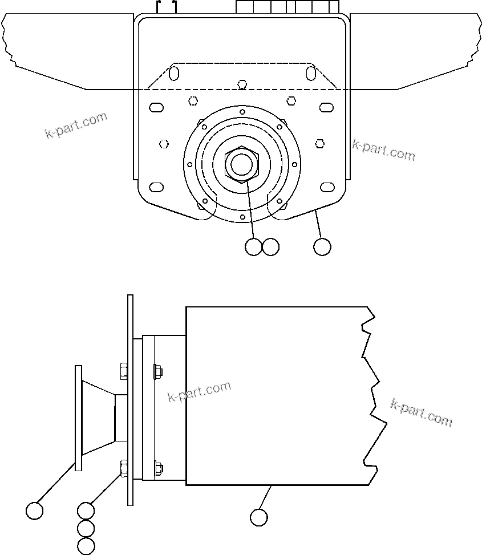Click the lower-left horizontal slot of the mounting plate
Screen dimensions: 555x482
pyautogui.click(x=156, y=187)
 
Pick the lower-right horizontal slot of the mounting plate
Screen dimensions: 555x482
pyautogui.click(x=327, y=187)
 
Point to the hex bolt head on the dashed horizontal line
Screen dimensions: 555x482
pyautogui.click(x=242, y=84)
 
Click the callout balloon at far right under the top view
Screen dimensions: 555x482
pyautogui.click(x=322, y=247)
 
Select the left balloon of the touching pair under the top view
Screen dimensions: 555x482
pyautogui.click(x=253, y=247)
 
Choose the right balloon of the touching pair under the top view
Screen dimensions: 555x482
pyautogui.click(x=270, y=247)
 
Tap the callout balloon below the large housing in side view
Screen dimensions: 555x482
pyautogui.click(x=259, y=517)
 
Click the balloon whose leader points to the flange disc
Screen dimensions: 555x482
pyautogui.click(x=35, y=511)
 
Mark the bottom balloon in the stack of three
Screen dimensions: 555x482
pyautogui.click(x=86, y=546)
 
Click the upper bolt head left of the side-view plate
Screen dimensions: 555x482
pyautogui.click(x=123, y=371)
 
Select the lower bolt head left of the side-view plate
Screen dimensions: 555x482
pyautogui.click(x=123, y=468)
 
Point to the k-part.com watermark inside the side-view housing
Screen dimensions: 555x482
pyautogui.click(x=200, y=392)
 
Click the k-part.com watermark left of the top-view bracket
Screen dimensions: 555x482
pyautogui.click(x=76, y=125)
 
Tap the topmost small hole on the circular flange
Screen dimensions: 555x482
pyautogui.click(x=242, y=111)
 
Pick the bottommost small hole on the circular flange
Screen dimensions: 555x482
pyautogui.click(x=242, y=217)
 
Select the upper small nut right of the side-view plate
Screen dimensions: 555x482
pyautogui.click(x=157, y=371)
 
